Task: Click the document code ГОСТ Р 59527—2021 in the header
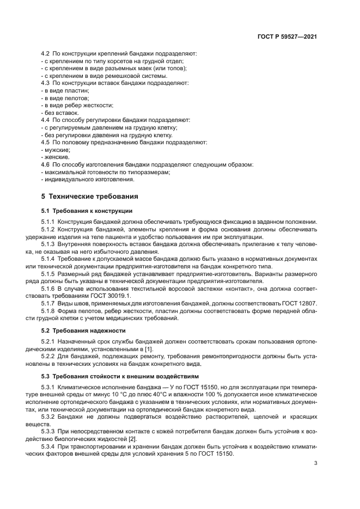287,36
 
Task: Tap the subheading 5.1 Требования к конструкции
87,210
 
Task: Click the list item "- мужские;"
56,149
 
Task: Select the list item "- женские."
56,157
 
